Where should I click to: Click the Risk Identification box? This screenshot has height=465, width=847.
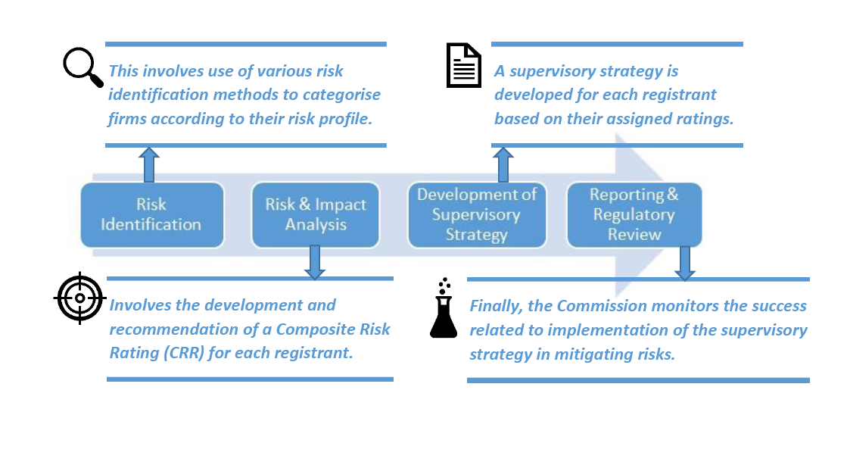pos(152,215)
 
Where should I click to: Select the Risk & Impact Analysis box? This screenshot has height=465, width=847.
pos(316,215)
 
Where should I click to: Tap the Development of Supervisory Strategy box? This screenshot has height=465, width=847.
pos(477,214)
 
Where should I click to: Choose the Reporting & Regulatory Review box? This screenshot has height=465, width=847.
pos(634,214)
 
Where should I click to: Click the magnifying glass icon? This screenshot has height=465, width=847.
pos(83,67)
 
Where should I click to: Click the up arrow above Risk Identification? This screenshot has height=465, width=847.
pos(149,164)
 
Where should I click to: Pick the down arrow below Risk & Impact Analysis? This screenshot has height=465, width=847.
pos(314,262)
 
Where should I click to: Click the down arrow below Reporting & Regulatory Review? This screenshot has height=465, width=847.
pos(684,263)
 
